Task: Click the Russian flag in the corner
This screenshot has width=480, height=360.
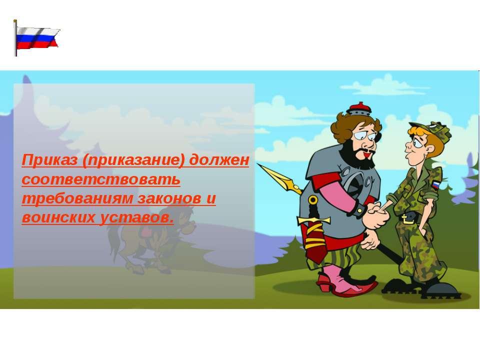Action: click(x=36, y=38)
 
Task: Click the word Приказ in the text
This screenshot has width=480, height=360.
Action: click(x=49, y=160)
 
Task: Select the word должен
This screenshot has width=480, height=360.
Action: click(x=219, y=160)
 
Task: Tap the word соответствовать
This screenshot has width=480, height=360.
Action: click(x=101, y=179)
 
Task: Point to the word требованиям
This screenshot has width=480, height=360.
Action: click(x=78, y=199)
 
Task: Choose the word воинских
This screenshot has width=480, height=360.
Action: click(x=58, y=217)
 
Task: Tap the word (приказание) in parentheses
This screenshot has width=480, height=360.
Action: click(x=133, y=160)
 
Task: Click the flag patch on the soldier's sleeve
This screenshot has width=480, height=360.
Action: click(x=435, y=184)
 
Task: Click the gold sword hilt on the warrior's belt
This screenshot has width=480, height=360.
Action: click(x=313, y=219)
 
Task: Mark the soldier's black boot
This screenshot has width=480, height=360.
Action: click(x=441, y=290)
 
